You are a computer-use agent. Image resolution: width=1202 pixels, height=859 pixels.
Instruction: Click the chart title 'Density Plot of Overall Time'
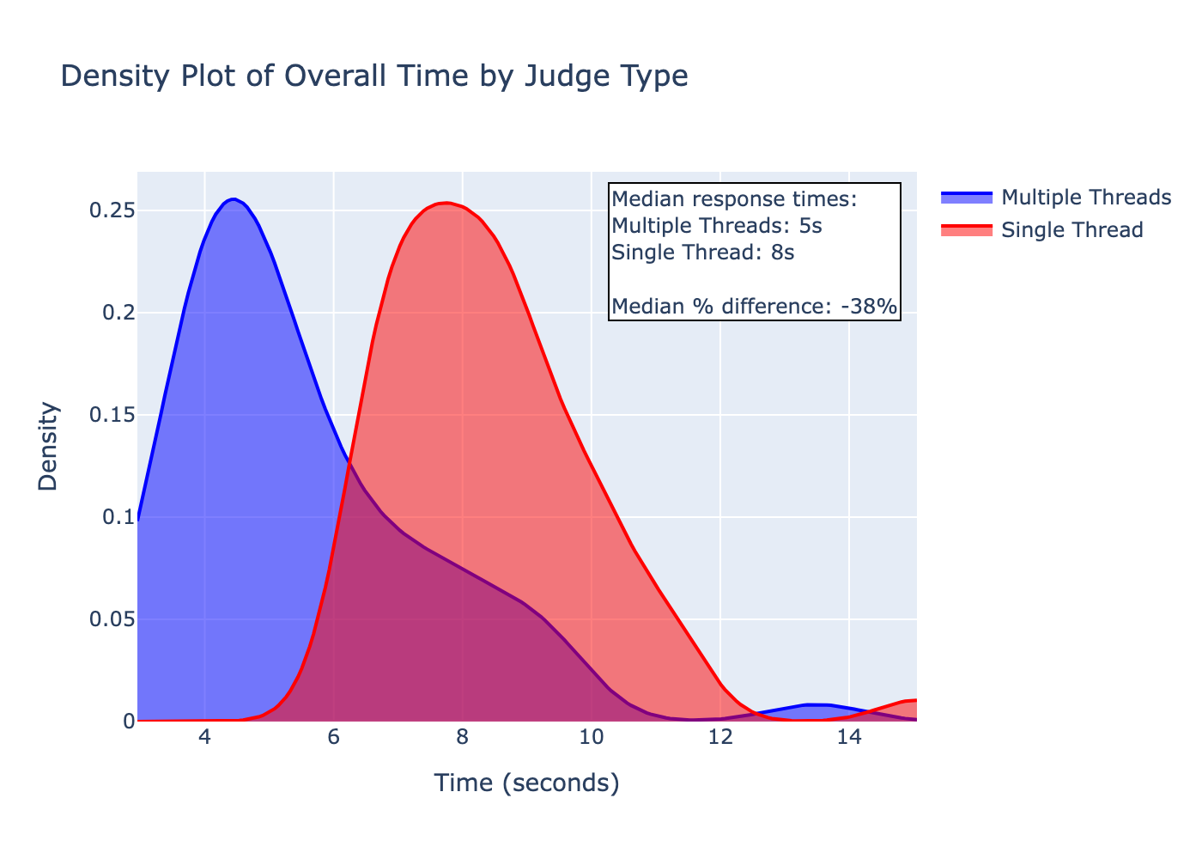pyautogui.click(x=373, y=76)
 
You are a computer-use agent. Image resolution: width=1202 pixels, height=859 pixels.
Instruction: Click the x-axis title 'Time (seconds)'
pyautogui.click(x=526, y=783)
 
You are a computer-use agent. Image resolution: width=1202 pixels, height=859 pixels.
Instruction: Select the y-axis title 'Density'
pyautogui.click(x=48, y=447)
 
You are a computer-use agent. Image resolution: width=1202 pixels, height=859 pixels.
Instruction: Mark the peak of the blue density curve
pyautogui.click(x=233, y=199)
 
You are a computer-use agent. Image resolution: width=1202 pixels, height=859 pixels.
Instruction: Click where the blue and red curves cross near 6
pyautogui.click(x=349, y=465)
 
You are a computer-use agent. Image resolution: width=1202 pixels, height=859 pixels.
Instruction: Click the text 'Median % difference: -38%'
pyautogui.click(x=754, y=306)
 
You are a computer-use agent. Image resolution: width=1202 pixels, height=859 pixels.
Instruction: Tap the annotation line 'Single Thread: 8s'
pyautogui.click(x=702, y=253)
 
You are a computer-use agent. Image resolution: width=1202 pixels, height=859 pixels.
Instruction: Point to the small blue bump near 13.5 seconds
pyautogui.click(x=816, y=704)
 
